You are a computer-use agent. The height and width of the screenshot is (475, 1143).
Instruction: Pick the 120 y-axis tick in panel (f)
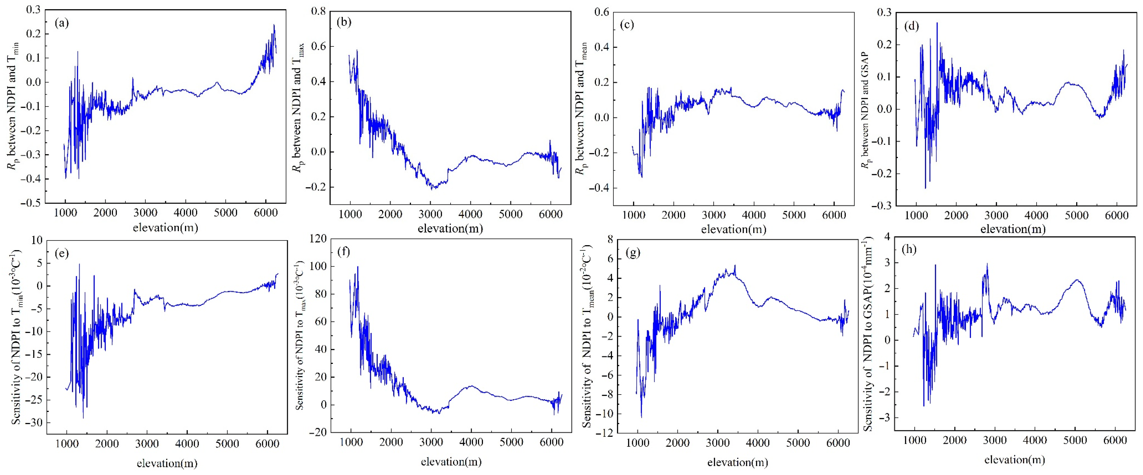(x=316, y=239)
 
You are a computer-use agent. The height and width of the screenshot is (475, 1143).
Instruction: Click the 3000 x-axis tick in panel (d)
(x=997, y=216)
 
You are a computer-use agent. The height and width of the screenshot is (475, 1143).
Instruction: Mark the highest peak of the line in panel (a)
(x=274, y=25)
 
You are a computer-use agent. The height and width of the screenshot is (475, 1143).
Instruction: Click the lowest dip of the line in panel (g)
(x=641, y=417)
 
